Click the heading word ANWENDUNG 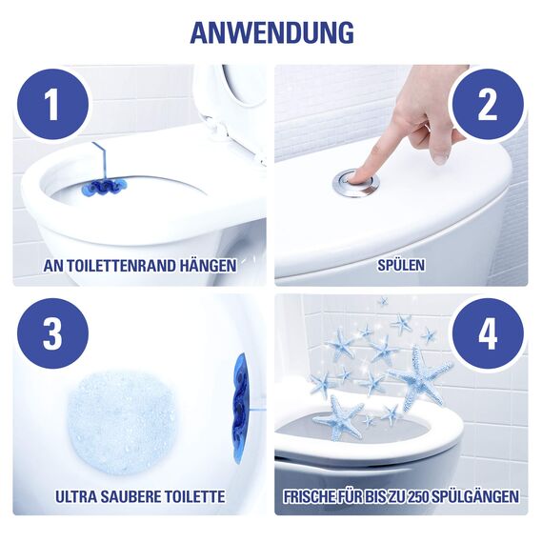pos(271,31)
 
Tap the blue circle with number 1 pos(51,103)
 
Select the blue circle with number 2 pos(487,103)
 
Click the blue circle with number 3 pos(51,333)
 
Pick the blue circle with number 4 pos(487,333)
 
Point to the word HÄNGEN pos(208,266)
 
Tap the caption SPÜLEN pos(400,266)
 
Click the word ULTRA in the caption pos(78,495)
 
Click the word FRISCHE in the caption pos(316,495)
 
